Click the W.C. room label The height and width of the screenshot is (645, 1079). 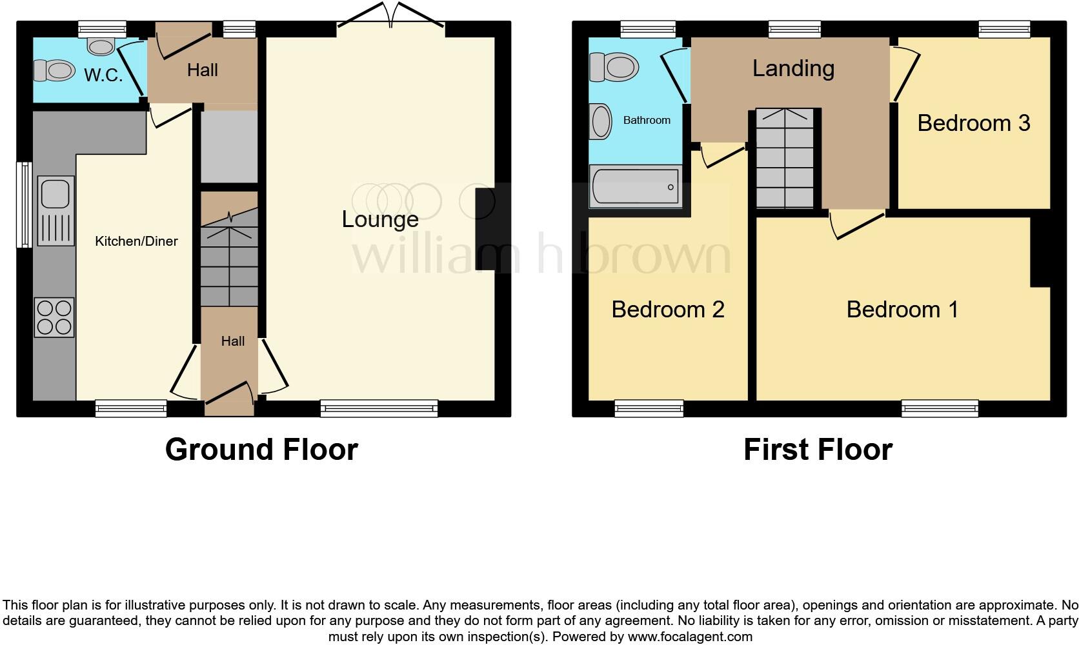coord(103,75)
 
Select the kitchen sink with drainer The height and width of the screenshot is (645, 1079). coord(55,210)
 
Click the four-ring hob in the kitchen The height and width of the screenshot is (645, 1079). coord(55,317)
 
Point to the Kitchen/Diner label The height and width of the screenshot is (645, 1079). coord(136,241)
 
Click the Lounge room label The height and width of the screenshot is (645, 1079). coord(380,219)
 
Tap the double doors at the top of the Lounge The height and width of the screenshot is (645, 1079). coord(390,16)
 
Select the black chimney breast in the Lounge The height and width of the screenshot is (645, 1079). coord(486,229)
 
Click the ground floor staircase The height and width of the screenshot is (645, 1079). coord(229,258)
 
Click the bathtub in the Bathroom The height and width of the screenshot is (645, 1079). coord(635,187)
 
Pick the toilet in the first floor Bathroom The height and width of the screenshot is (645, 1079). coord(614,66)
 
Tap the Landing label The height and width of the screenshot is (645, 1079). coord(793,68)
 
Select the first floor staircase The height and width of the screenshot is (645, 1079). coord(785,159)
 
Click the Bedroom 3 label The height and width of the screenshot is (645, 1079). coord(973,123)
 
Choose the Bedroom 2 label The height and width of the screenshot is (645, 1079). coord(668,310)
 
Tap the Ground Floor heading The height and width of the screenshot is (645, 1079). coord(261,450)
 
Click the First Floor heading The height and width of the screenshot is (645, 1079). coord(818,450)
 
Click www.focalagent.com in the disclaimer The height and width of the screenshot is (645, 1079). coord(690,637)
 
